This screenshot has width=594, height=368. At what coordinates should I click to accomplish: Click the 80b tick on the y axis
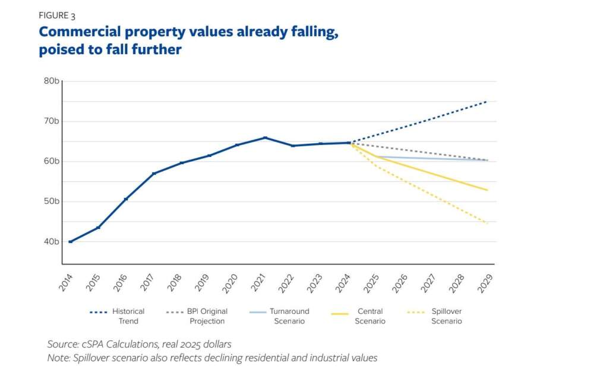point(51,81)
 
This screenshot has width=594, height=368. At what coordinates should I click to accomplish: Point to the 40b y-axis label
point(51,241)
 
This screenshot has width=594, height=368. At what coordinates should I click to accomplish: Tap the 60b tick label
point(51,161)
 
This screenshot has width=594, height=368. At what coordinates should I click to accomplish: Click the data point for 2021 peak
point(265,137)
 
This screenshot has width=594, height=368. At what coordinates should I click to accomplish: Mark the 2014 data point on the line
point(70,241)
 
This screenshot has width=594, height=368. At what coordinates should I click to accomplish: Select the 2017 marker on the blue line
point(153,174)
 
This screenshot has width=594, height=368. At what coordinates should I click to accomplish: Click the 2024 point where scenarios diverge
point(349,143)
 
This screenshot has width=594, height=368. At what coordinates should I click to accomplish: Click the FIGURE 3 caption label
point(58,16)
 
